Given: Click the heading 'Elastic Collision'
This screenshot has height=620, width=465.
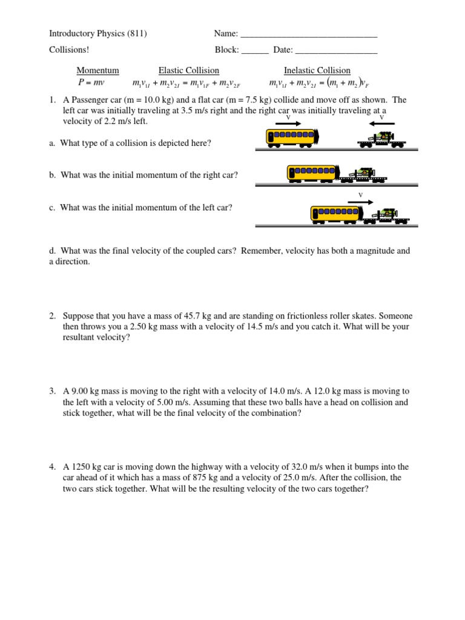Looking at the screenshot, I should point(188,70).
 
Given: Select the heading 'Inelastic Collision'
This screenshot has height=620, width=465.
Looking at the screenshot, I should point(317,70).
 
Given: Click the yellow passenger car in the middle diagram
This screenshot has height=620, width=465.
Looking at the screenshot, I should point(311,173).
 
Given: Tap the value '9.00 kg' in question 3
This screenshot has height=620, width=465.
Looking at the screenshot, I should point(87,392).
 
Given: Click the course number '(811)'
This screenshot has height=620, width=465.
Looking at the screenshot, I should point(137,34).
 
